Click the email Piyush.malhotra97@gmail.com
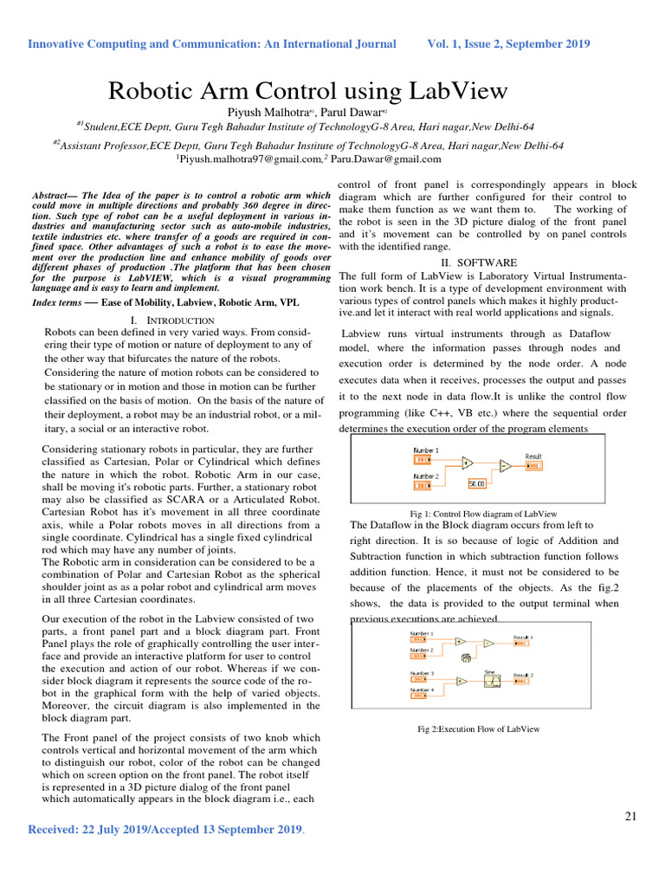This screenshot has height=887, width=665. click(x=247, y=159)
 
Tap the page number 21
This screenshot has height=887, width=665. click(x=630, y=816)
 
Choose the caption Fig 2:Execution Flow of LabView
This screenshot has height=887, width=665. click(x=478, y=729)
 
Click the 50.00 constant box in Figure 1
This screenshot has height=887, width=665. click(x=477, y=484)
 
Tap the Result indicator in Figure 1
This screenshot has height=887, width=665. click(x=533, y=465)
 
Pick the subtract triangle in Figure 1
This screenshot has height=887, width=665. click(x=504, y=467)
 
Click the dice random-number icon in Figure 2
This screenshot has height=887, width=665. click(x=466, y=658)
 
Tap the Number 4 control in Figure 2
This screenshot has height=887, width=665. click(x=418, y=695)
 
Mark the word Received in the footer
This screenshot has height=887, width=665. click(x=56, y=830)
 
